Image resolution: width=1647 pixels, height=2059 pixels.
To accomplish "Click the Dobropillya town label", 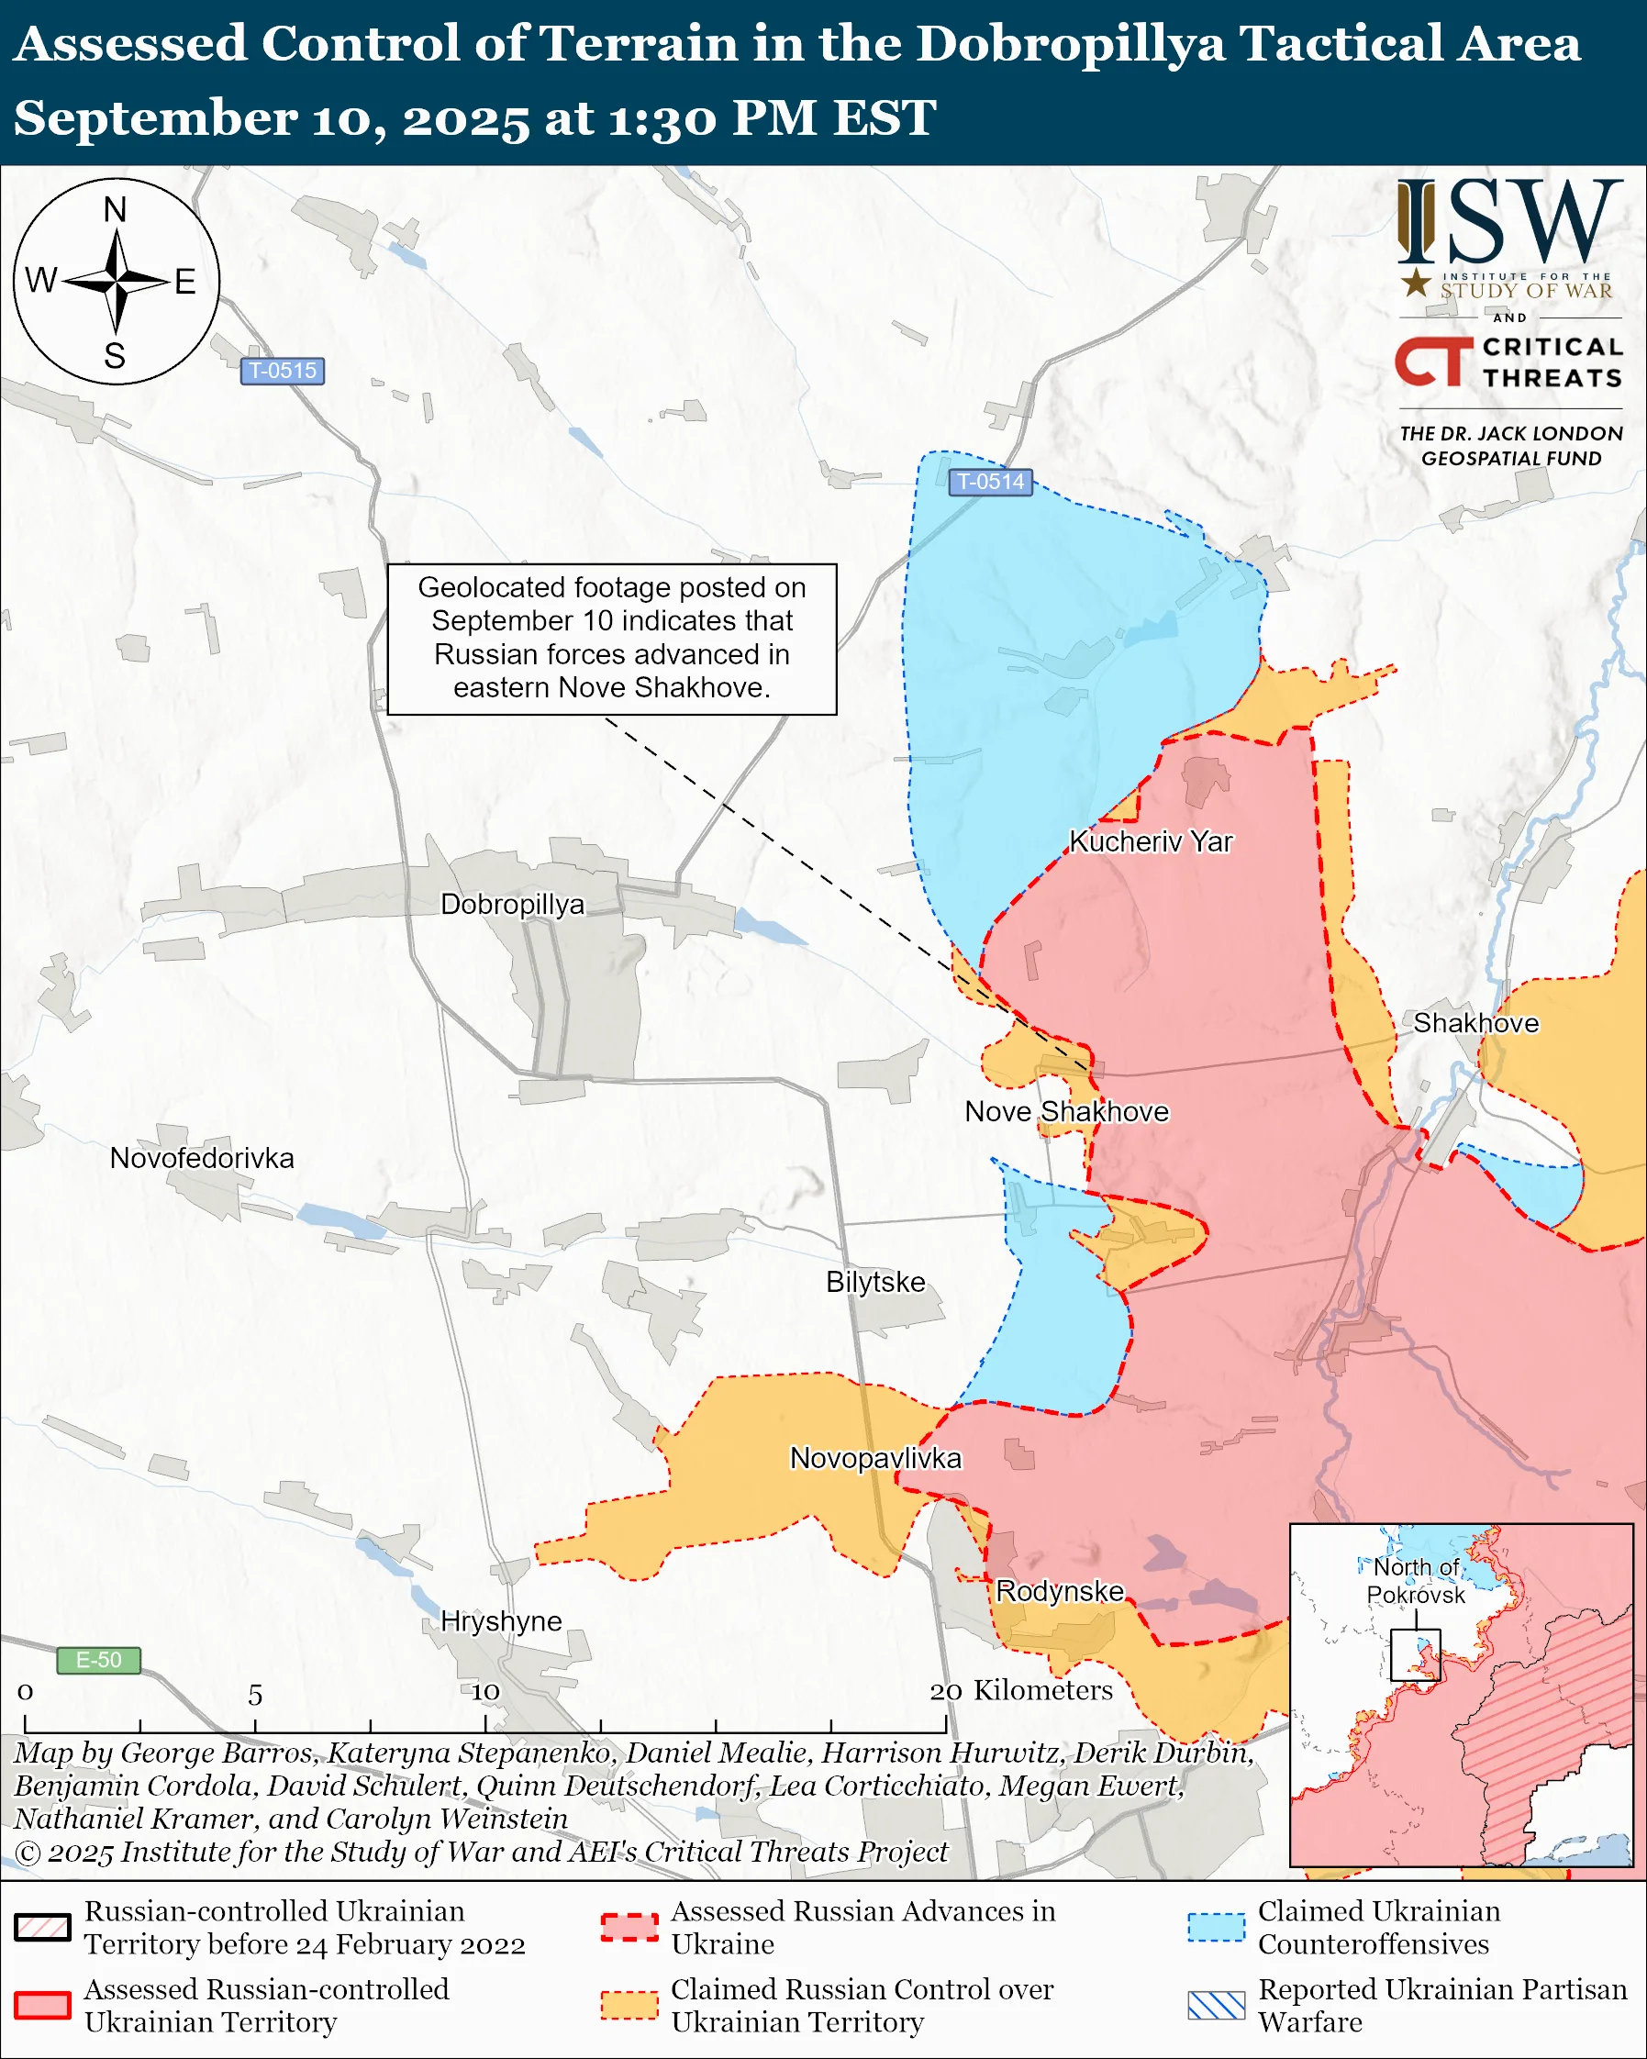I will (x=512, y=905).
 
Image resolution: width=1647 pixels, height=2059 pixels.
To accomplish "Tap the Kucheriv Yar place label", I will (x=1151, y=841).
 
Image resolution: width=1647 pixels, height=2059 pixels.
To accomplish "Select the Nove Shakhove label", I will (x=1066, y=1112).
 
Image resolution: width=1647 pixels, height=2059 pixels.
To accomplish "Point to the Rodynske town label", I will (x=1060, y=1591).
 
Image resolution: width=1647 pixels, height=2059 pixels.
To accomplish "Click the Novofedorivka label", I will (x=202, y=1159).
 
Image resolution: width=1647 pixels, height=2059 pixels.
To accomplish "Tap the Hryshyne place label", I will (x=501, y=1620).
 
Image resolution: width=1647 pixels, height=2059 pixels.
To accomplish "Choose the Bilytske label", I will (x=875, y=1282).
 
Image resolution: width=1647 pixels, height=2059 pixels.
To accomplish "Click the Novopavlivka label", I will (x=875, y=1458).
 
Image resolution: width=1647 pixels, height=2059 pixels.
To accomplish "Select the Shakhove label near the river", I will (x=1475, y=1023).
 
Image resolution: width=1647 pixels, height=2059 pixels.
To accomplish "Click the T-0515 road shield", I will (x=283, y=371).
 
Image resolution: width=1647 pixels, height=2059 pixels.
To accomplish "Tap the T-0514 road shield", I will (x=990, y=483).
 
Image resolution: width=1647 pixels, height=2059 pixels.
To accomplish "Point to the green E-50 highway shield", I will (x=98, y=1660).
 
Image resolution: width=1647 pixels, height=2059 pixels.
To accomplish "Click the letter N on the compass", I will (x=115, y=210).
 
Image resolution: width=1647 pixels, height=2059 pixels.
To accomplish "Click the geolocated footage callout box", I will (x=612, y=638).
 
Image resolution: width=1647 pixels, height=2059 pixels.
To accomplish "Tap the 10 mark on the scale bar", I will (x=485, y=1692).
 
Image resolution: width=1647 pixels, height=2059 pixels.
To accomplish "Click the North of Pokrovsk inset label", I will (x=1415, y=1581).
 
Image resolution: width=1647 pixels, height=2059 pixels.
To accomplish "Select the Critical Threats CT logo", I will (x=1433, y=361).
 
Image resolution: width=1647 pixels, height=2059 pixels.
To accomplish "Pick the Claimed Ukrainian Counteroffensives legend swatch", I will (x=1217, y=1928).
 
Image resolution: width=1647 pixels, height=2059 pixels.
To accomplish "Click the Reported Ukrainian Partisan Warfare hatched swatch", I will (x=1217, y=2006).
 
